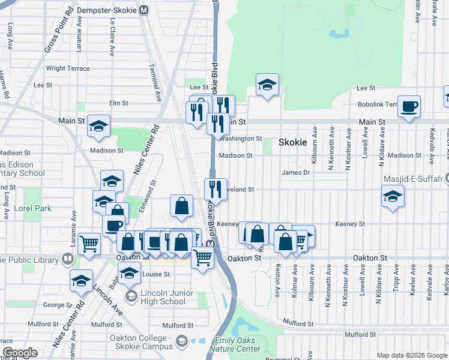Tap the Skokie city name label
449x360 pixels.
tap(293, 143)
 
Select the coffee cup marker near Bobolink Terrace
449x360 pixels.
tap(409, 107)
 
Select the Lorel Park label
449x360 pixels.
tap(34, 209)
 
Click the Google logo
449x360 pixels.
tap(19, 353)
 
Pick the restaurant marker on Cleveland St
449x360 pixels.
tap(215, 189)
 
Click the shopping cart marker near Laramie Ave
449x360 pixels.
tap(89, 244)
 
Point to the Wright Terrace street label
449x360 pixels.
tap(68, 68)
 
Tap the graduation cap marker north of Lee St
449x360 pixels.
tap(267, 85)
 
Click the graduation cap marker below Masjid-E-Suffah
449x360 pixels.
tap(393, 196)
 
